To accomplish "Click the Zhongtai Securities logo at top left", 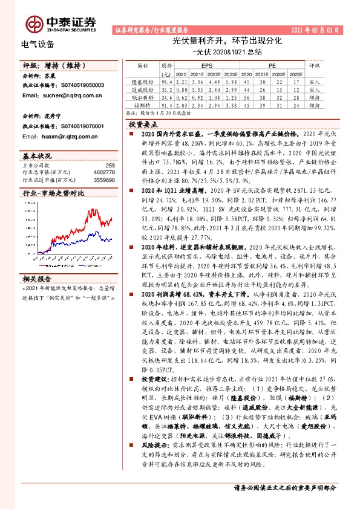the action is (x=61, y=22).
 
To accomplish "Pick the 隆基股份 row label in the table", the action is (x=143, y=81).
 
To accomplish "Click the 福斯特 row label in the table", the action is (x=143, y=105).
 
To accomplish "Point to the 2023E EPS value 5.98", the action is (x=228, y=81).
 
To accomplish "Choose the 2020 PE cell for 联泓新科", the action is (x=247, y=97).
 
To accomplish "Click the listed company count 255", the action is (x=110, y=165).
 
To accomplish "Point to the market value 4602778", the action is (x=105, y=172).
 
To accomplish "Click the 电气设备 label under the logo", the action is (x=38, y=44).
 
